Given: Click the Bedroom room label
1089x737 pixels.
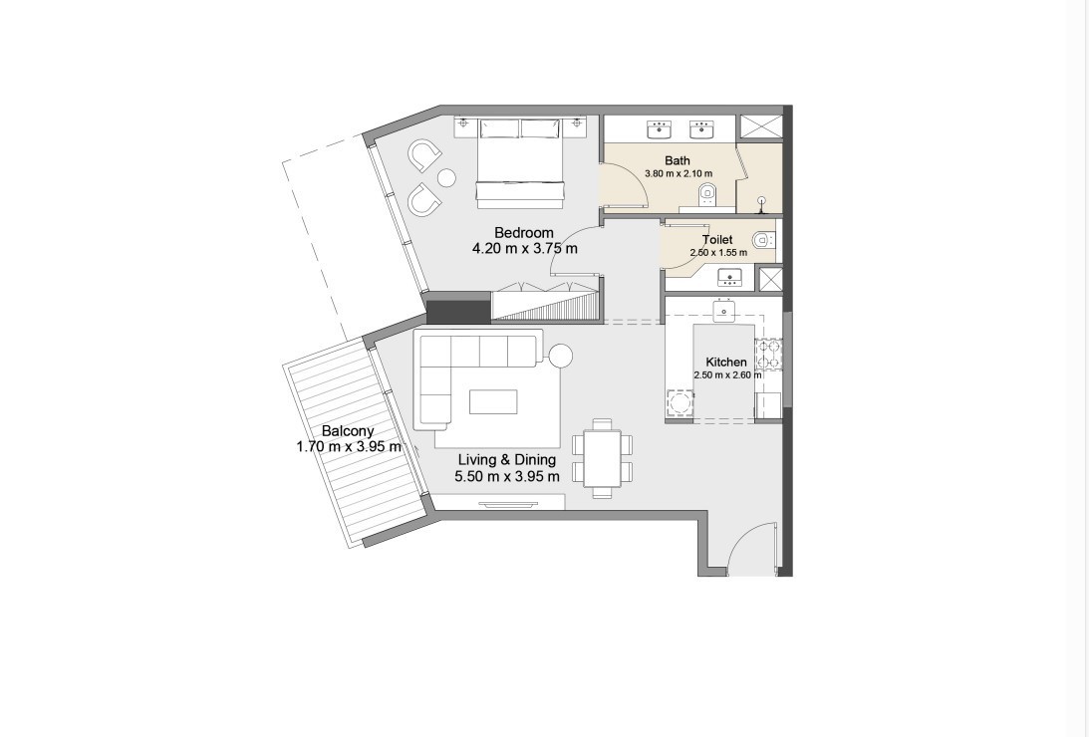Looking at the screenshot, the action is (x=524, y=232).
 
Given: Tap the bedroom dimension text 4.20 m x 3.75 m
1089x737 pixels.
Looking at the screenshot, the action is (x=524, y=248).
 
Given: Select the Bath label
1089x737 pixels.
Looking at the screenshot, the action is (x=678, y=161).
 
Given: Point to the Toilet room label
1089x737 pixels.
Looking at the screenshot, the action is (x=717, y=239).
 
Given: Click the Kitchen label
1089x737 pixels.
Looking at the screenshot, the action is (x=725, y=363).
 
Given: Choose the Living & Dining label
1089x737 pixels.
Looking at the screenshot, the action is (x=507, y=459).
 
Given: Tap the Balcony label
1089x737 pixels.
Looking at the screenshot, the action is (x=348, y=431).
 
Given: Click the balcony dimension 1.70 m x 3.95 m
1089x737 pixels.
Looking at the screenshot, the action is (x=349, y=447).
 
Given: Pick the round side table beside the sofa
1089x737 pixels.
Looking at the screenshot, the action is (x=561, y=357).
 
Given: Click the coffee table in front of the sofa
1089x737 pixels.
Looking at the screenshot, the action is (x=493, y=401).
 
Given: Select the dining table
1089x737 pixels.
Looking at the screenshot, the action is (x=602, y=459).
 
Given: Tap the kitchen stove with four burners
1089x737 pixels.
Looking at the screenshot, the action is (x=769, y=354).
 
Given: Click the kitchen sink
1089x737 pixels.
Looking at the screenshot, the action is (x=724, y=311).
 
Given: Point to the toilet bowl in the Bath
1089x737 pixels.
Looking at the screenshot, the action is (x=707, y=193).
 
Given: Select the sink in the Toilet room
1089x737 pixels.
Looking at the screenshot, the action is (x=729, y=278).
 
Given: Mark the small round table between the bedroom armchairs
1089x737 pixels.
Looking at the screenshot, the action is (x=446, y=178).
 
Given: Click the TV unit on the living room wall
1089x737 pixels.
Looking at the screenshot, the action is (x=508, y=504).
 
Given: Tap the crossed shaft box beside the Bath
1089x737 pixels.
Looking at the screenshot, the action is (x=760, y=128).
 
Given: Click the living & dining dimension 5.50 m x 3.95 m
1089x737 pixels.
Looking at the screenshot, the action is (x=507, y=476).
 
